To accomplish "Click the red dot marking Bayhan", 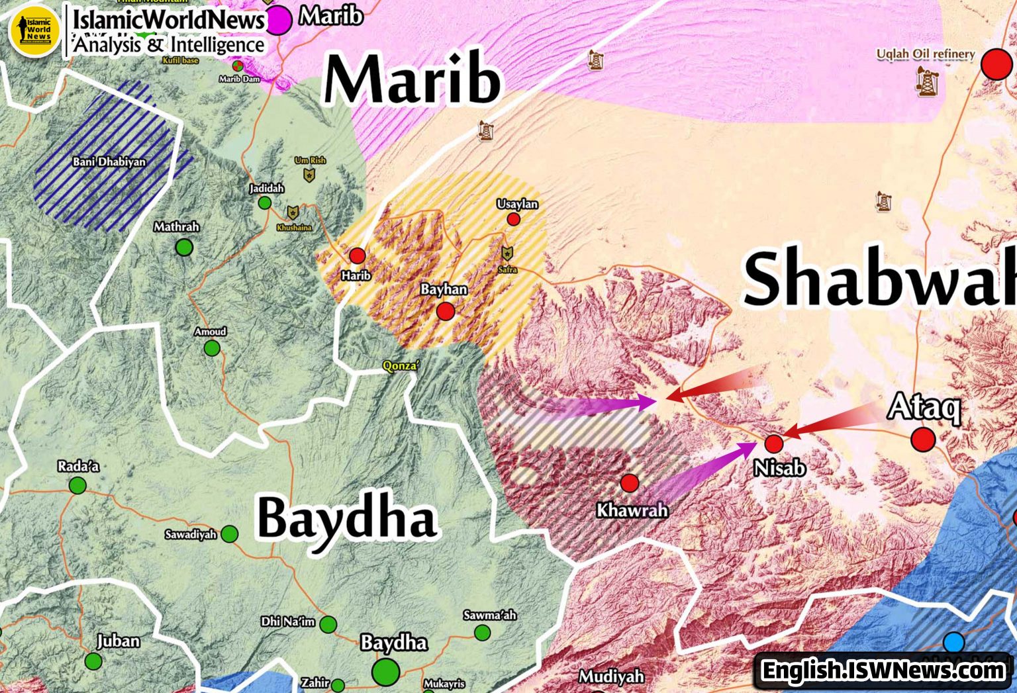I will pyautogui.click(x=446, y=311).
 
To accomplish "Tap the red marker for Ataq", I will pyautogui.click(x=923, y=439).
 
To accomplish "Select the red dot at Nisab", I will pyautogui.click(x=773, y=443).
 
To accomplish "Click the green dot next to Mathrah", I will pyautogui.click(x=184, y=248).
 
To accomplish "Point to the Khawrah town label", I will pyautogui.click(x=632, y=510).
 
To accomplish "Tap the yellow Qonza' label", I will pyautogui.click(x=401, y=366).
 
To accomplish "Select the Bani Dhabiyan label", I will pyautogui.click(x=109, y=162).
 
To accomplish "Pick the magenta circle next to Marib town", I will pyautogui.click(x=279, y=20).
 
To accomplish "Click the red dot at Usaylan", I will pyautogui.click(x=513, y=219).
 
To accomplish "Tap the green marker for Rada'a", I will pyautogui.click(x=77, y=486).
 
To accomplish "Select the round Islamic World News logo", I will pyautogui.click(x=34, y=30).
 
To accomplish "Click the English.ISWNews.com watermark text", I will pyautogui.click(x=883, y=670).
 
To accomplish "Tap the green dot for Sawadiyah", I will pyautogui.click(x=229, y=533).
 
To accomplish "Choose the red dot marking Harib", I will pyautogui.click(x=358, y=255).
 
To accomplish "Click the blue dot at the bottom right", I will pyautogui.click(x=953, y=642).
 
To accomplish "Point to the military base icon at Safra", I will pyautogui.click(x=507, y=254).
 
